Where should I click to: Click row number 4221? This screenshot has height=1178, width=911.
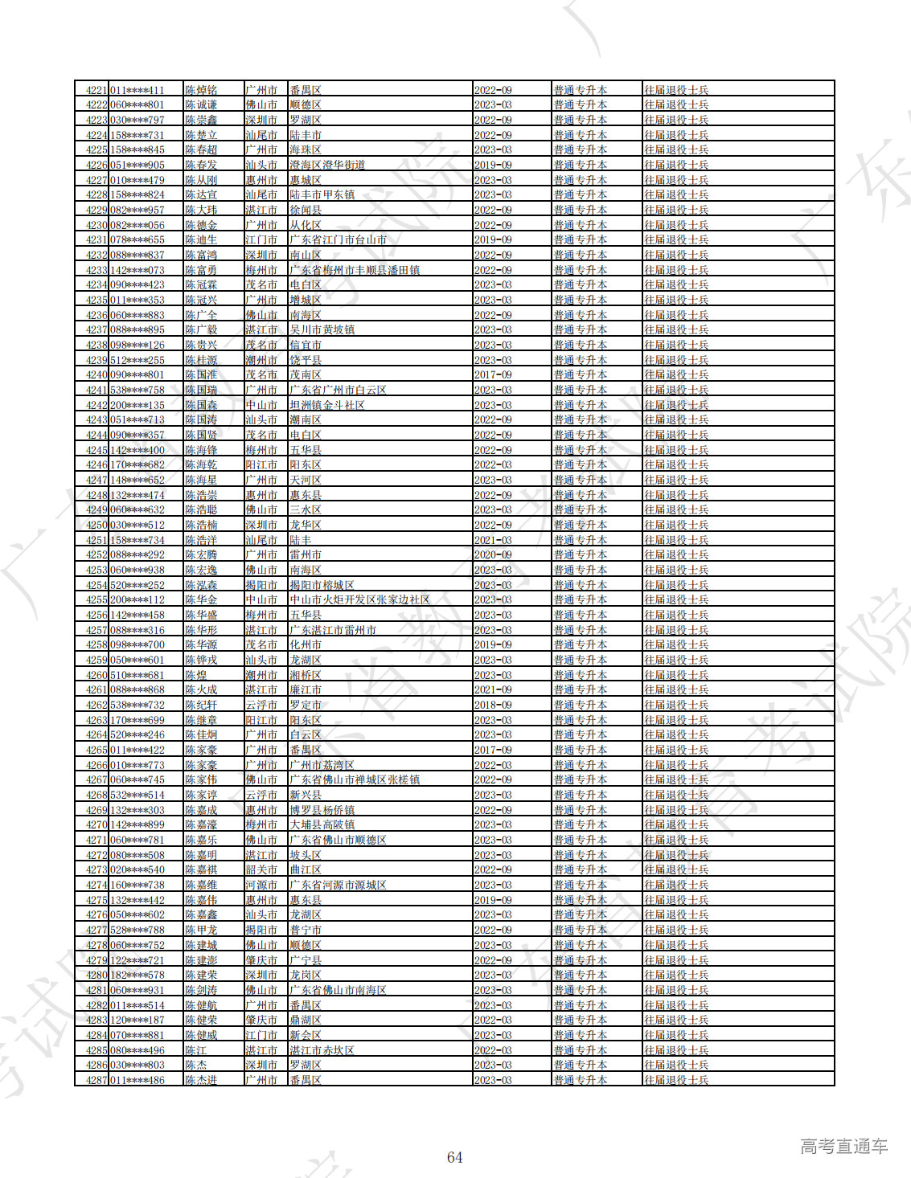96,90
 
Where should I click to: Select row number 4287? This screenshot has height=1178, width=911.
96,1080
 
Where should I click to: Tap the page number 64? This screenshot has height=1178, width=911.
454,1157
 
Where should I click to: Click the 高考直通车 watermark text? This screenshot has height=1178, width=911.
843,1146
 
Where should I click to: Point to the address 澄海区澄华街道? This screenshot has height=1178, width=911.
327,165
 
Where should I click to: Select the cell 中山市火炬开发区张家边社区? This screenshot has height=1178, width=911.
359,599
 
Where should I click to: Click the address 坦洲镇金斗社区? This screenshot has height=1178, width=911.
327,405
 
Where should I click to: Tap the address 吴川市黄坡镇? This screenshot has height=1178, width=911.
322,329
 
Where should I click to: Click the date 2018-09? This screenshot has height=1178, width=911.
493,705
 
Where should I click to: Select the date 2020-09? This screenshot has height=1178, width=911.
493,554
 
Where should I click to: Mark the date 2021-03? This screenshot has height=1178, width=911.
493,540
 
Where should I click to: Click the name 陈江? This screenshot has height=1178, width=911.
195,1050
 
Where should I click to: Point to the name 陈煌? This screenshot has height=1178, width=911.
195,675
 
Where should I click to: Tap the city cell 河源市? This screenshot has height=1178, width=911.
261,885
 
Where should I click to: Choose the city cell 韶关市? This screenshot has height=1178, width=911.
261,869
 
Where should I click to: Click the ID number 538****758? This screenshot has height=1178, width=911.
137,390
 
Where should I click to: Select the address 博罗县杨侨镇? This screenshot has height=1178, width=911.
322,810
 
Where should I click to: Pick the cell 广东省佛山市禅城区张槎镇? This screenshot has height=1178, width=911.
355,779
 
